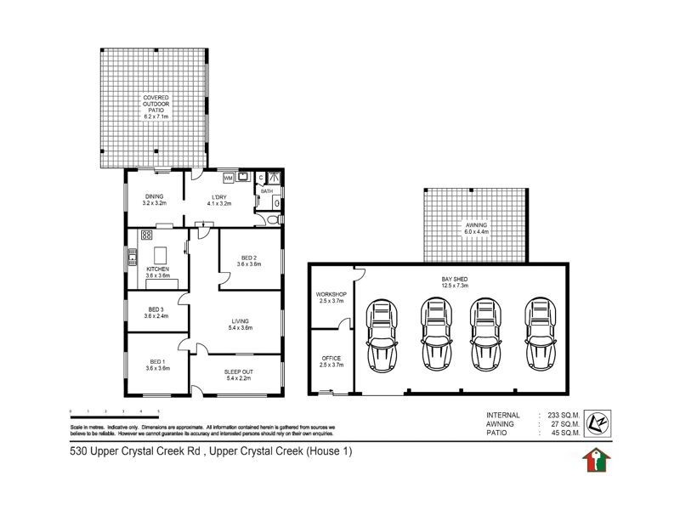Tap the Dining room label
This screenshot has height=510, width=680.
154,196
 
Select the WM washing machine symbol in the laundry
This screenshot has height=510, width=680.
228,178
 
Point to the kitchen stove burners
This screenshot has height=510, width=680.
146,235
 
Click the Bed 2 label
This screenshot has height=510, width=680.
248,258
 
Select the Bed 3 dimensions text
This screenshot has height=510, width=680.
157,315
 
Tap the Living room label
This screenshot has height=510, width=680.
239,321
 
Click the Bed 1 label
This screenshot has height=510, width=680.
156,362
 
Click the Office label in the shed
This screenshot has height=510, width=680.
330,358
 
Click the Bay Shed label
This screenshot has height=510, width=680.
455,278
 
